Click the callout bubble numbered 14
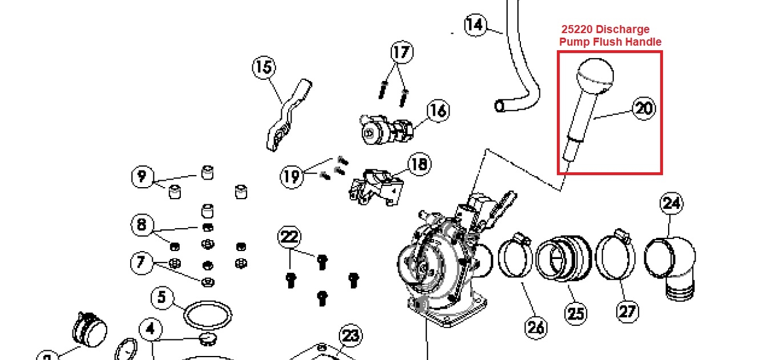pyautogui.click(x=475, y=25)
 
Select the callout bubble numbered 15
pyautogui.click(x=264, y=68)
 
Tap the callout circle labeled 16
pyautogui.click(x=438, y=111)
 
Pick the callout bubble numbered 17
pyautogui.click(x=401, y=52)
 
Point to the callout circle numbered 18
pyautogui.click(x=419, y=165)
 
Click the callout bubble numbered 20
pyautogui.click(x=644, y=108)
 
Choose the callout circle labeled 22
pyautogui.click(x=290, y=236)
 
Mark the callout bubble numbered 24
pyautogui.click(x=672, y=204)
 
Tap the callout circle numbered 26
pyautogui.click(x=536, y=327)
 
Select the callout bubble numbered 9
pyautogui.click(x=142, y=176)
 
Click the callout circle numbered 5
pyautogui.click(x=162, y=297)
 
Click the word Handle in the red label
pyautogui.click(x=644, y=42)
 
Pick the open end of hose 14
pyautogui.click(x=500, y=106)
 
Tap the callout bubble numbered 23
pyautogui.click(x=351, y=336)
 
